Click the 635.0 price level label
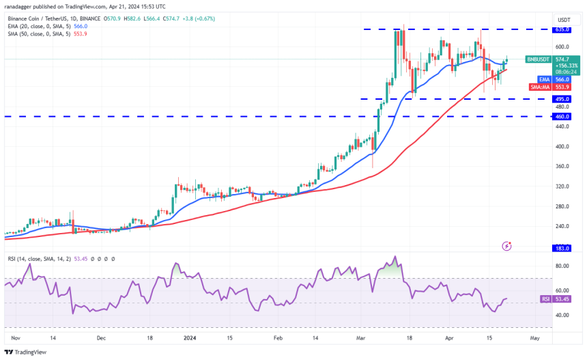coord(562,30)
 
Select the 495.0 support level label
coord(562,99)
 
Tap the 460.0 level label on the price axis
coord(562,117)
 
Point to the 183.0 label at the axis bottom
coord(562,249)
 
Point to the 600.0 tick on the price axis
coord(562,46)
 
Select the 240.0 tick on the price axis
coord(562,226)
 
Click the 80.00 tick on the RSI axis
coord(562,265)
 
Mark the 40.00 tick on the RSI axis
coord(562,315)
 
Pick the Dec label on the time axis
coord(101,337)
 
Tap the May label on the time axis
coord(534,337)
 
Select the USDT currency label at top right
coord(564,20)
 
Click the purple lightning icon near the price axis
coord(506,245)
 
